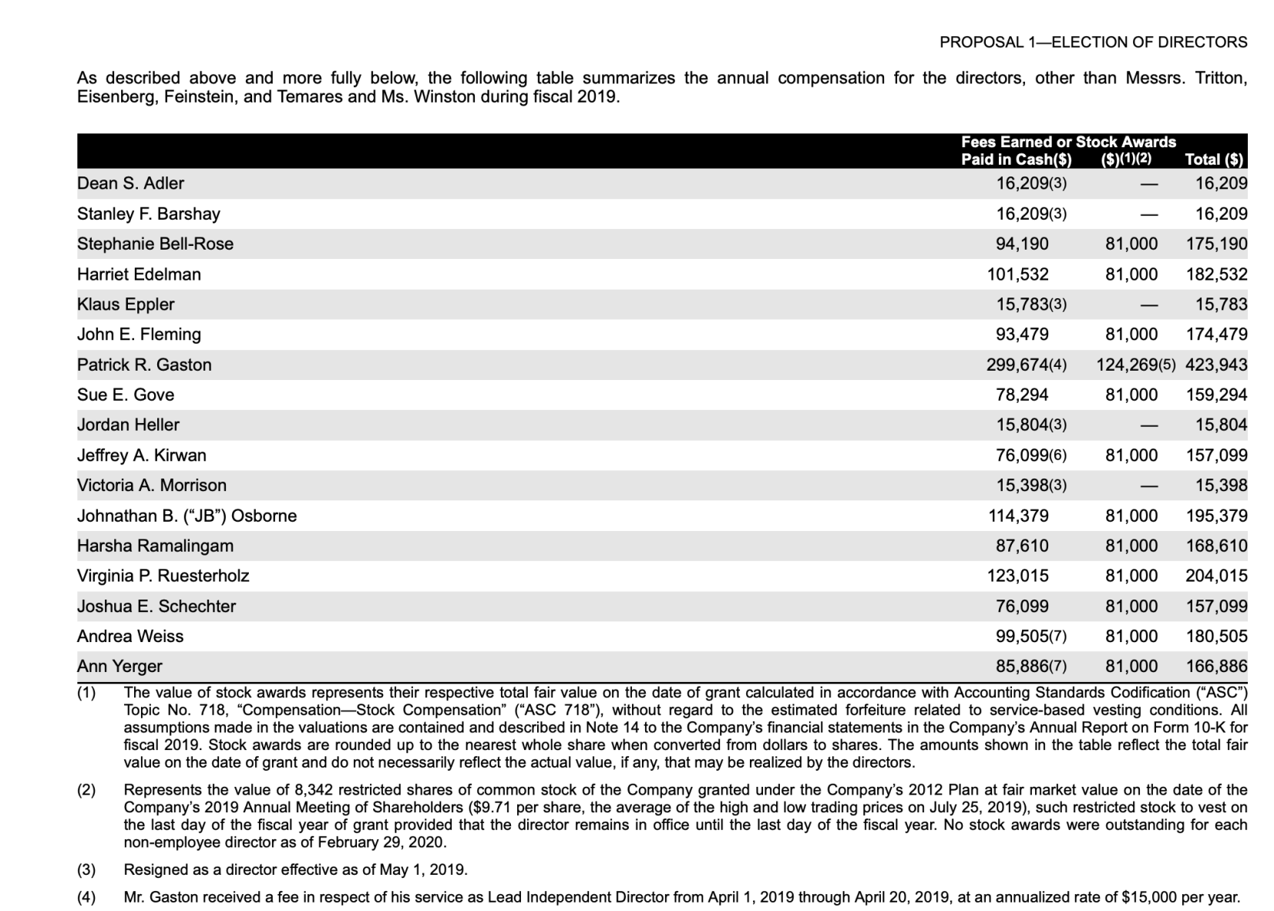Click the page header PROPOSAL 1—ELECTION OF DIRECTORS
1093,42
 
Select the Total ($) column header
1214,160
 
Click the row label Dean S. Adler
130,183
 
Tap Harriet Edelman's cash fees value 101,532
1017,274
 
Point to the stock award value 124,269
1127,365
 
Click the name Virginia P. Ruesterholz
163,576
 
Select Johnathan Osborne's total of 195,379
1216,516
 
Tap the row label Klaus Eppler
126,304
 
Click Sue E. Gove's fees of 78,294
1022,395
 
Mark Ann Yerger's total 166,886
1216,666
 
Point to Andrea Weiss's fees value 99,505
1022,636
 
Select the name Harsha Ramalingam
155,546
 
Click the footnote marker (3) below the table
86,870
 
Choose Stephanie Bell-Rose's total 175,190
1216,244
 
